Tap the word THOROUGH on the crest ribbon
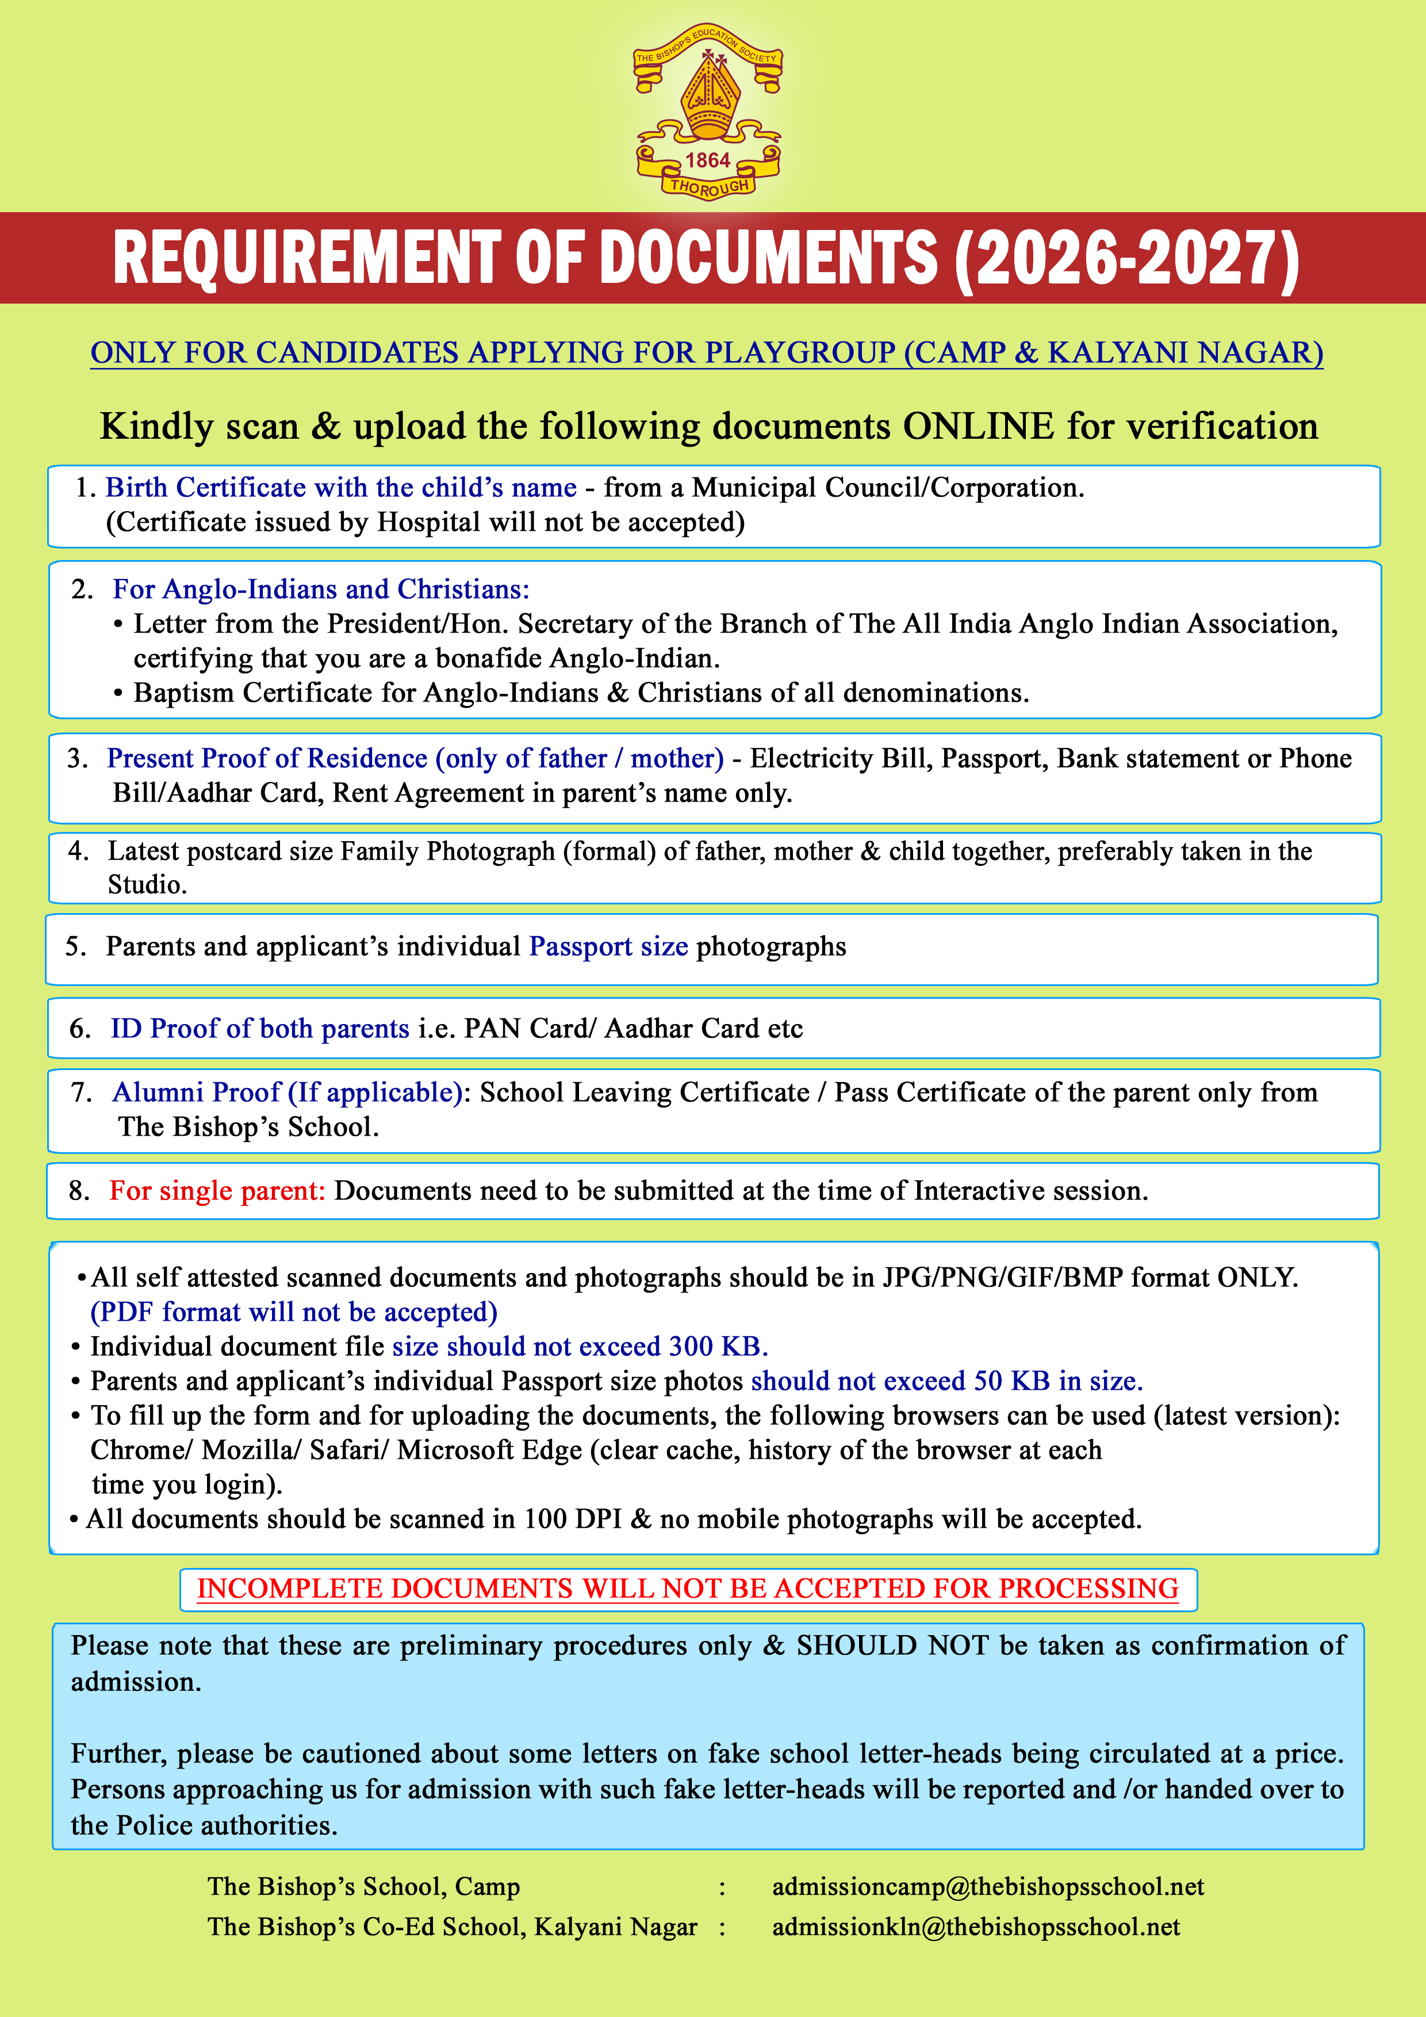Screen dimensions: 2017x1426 [x=709, y=186]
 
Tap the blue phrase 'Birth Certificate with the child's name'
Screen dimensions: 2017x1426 [x=341, y=488]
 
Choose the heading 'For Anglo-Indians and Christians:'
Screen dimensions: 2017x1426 [x=321, y=589]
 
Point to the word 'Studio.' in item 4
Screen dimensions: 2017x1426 [x=147, y=885]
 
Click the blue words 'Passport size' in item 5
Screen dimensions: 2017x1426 [x=608, y=946]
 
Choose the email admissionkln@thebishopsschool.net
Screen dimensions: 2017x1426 [x=975, y=1927]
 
